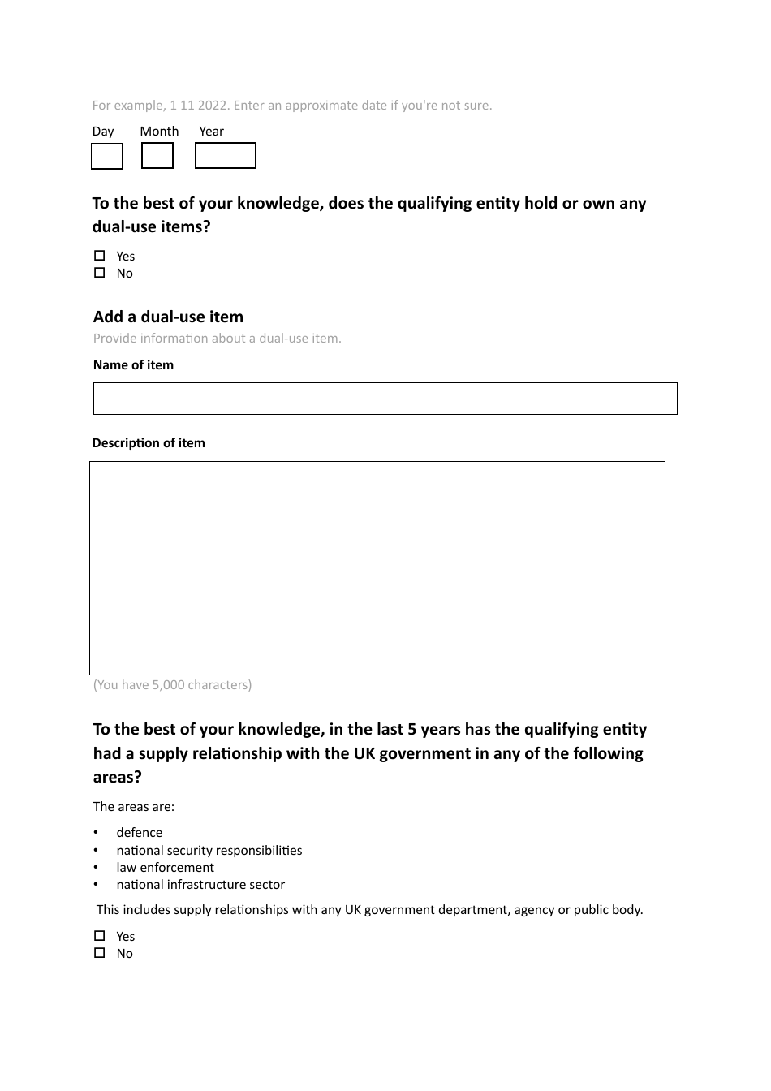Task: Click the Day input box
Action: [x=106, y=156]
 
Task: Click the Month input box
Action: [x=157, y=156]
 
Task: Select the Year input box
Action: [x=225, y=156]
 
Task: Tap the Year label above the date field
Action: [x=211, y=132]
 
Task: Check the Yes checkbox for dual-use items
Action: [x=100, y=256]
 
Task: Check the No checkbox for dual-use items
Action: [x=100, y=273]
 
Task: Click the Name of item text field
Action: [x=385, y=399]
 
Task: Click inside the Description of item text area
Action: [x=377, y=568]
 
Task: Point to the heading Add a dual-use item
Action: [x=168, y=317]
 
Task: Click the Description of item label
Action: [x=149, y=443]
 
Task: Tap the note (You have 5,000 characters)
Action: [x=172, y=685]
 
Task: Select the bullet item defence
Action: [x=139, y=833]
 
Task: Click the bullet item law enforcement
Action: [x=165, y=868]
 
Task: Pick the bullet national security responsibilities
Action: [x=209, y=851]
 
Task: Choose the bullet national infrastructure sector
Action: [x=200, y=885]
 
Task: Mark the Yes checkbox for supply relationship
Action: [x=100, y=936]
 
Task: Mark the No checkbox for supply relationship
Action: [x=100, y=953]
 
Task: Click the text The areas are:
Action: [x=134, y=807]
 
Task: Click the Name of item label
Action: [x=133, y=365]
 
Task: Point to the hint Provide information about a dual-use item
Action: [x=217, y=339]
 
